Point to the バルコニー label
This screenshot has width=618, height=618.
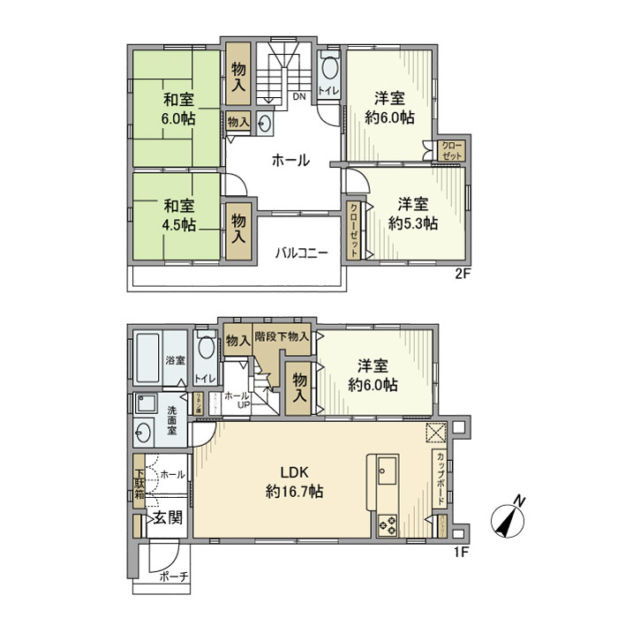pos(301,252)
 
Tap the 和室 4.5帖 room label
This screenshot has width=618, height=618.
pos(177,214)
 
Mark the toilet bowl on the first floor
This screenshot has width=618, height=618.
pos(206,350)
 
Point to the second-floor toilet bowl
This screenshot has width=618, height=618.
pos(329,69)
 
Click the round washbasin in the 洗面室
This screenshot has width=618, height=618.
pos(145,433)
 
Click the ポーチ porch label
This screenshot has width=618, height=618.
pos(173,577)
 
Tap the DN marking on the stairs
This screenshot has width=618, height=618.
pos(299,98)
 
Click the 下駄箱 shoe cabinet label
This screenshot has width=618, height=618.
pos(139,480)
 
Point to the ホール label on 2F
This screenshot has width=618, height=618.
pos(290,160)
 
